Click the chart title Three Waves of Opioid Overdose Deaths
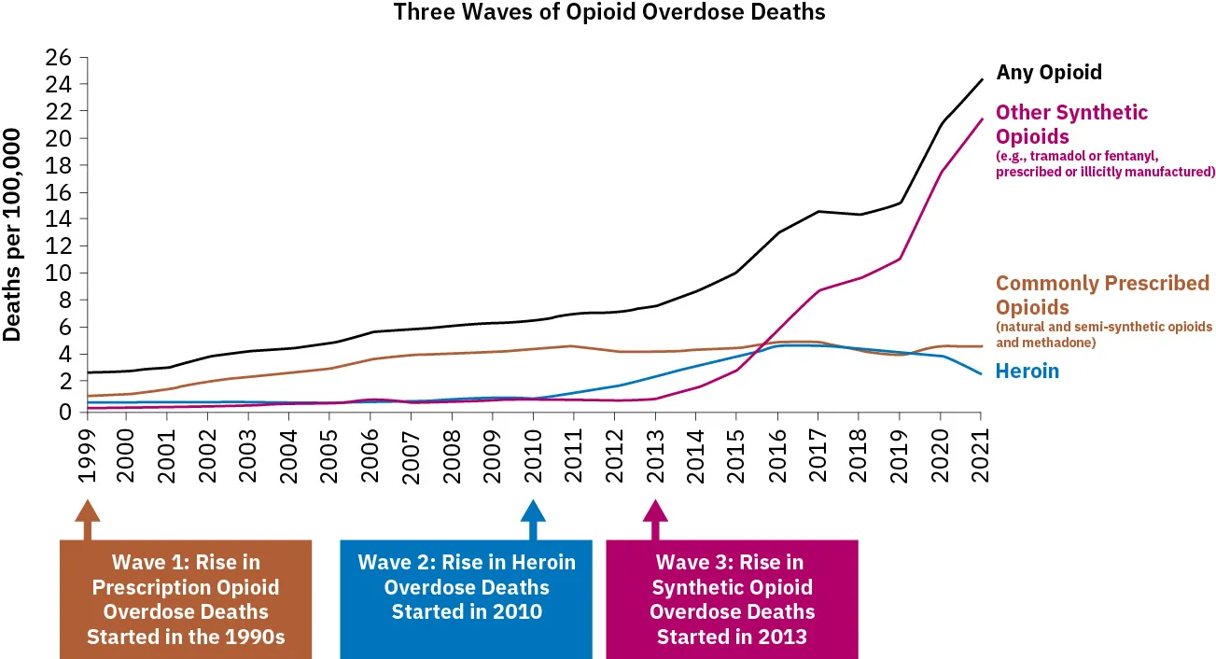609,12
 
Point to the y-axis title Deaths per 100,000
13,233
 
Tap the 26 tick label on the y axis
59,58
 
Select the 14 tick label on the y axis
59,219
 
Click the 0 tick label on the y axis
65,412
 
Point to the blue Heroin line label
1027,371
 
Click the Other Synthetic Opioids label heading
1071,124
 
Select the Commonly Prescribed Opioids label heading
1102,295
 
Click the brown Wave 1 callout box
186,599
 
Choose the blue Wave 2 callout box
467,597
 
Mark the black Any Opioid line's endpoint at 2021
981,80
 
